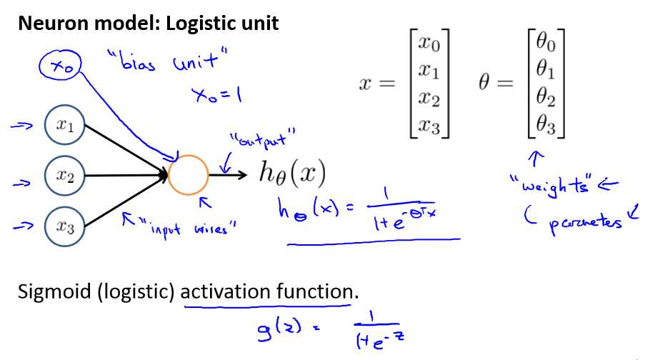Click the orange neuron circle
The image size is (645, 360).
tap(189, 174)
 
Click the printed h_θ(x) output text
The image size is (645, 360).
tap(292, 174)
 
